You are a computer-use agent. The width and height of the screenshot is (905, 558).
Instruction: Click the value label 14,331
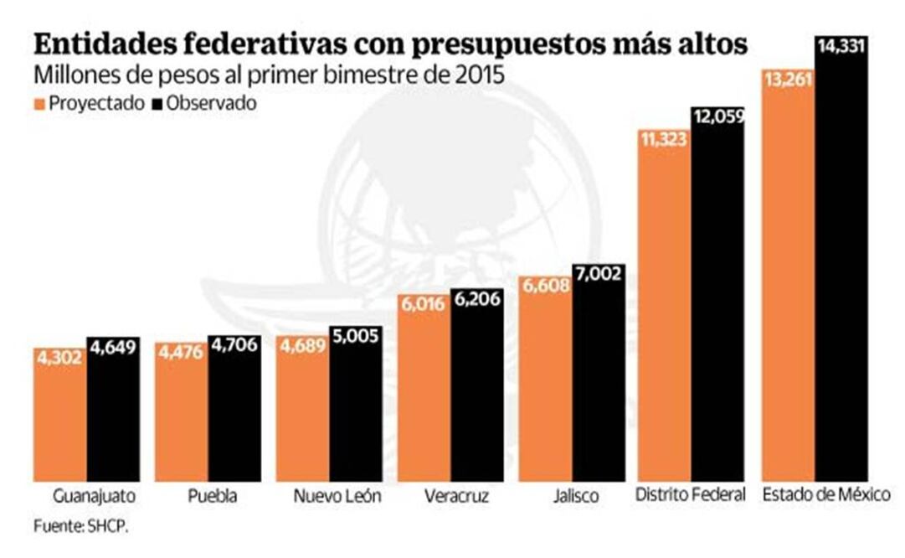841,47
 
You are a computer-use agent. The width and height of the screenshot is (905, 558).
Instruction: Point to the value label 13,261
788,78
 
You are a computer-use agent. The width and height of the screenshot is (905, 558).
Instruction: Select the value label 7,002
598,275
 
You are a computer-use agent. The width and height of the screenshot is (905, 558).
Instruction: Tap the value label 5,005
355,337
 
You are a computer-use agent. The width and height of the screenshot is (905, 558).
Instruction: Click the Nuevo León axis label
337,496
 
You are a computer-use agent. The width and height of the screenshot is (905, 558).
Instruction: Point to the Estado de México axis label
825,495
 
